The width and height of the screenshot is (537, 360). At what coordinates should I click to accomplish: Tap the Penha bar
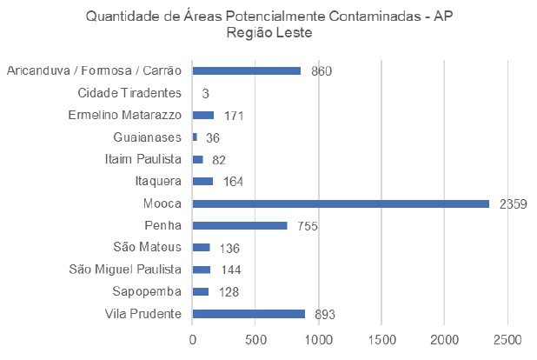click(x=240, y=225)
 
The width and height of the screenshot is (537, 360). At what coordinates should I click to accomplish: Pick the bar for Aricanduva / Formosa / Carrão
click(x=247, y=70)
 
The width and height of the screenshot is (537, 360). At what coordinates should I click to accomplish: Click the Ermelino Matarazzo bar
click(x=203, y=115)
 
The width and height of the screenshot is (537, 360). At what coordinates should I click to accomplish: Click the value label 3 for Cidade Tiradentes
click(x=206, y=93)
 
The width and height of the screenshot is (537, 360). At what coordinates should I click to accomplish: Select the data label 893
click(x=325, y=314)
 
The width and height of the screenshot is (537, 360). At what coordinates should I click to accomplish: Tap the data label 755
click(x=308, y=226)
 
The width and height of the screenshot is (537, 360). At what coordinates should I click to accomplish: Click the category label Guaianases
click(x=147, y=137)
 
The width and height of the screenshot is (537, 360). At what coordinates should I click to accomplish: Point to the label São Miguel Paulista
click(x=124, y=270)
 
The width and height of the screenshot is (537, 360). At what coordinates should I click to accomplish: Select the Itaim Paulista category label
click(x=140, y=159)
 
